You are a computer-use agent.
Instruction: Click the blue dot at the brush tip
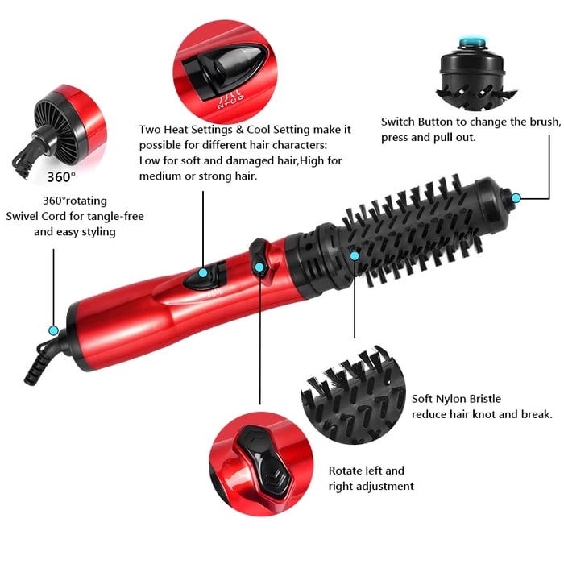(x=516, y=197)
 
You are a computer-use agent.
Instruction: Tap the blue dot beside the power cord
(x=53, y=330)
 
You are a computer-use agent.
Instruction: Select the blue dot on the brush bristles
(x=355, y=255)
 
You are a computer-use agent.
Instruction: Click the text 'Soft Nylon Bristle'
(x=456, y=399)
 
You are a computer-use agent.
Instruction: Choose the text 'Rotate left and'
(x=367, y=471)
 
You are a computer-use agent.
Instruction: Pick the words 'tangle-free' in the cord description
(x=114, y=216)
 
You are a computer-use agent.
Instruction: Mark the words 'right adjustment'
(x=371, y=486)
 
